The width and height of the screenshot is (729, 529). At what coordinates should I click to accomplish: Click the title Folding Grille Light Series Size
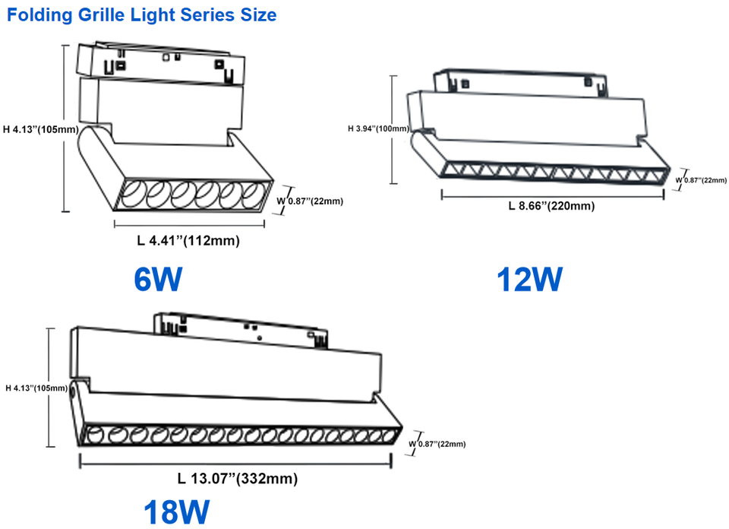[x=142, y=14]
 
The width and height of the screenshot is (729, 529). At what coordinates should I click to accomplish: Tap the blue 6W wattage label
[x=158, y=280]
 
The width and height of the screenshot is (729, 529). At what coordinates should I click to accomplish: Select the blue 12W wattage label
[x=529, y=280]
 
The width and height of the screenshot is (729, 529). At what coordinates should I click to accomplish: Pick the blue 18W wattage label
[x=175, y=512]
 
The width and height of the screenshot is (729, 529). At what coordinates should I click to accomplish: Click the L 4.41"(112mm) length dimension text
[x=188, y=242]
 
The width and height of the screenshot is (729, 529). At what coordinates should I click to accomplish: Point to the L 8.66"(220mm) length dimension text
[x=551, y=206]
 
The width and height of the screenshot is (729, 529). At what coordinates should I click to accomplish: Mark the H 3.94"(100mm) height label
[x=379, y=128]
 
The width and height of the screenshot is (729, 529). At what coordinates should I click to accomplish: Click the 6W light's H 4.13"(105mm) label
[x=40, y=129]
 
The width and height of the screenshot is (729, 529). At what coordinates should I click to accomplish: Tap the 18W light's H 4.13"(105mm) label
[x=37, y=388]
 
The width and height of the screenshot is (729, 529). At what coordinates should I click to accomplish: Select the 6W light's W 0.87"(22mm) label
[x=311, y=201]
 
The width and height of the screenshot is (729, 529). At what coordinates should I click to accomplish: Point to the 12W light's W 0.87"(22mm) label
[x=701, y=180]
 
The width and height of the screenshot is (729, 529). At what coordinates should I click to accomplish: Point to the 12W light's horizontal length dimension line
[x=552, y=193]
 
